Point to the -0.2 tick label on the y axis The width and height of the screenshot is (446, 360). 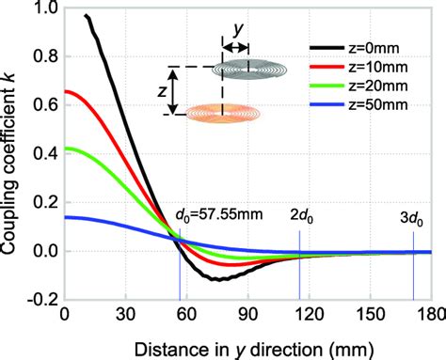[x=39, y=299]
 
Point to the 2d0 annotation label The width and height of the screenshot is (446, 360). [x=303, y=213]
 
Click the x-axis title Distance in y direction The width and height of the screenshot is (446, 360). [x=247, y=345]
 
